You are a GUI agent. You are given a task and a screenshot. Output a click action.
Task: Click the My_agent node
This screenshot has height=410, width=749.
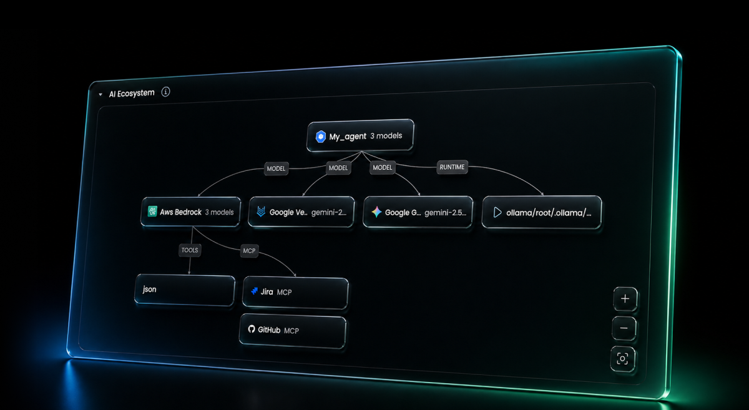pyautogui.click(x=360, y=136)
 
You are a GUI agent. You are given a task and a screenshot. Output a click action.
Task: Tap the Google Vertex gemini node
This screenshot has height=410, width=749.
pyautogui.click(x=302, y=212)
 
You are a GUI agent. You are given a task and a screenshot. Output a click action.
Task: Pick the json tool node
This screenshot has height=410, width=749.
pyautogui.click(x=185, y=290)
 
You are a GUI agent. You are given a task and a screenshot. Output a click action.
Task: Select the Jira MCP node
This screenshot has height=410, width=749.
pyautogui.click(x=295, y=292)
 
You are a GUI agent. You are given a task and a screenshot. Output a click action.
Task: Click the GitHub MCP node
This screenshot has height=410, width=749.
pyautogui.click(x=292, y=329)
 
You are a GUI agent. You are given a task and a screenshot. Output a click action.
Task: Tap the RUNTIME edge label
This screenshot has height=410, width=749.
pyautogui.click(x=451, y=167)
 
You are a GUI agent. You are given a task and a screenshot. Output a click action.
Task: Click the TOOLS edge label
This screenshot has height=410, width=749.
pyautogui.click(x=189, y=250)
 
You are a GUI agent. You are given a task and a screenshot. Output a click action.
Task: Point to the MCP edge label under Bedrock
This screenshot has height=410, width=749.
pyautogui.click(x=248, y=251)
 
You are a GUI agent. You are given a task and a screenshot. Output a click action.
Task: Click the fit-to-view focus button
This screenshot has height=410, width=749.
pyautogui.click(x=623, y=358)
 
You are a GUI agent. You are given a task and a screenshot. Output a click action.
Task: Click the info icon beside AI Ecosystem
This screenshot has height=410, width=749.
pyautogui.click(x=165, y=92)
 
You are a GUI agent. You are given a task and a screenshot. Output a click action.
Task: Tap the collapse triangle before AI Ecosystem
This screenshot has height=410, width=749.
pyautogui.click(x=100, y=94)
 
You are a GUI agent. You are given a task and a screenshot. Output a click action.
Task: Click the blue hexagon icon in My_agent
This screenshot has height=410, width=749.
pyautogui.click(x=321, y=136)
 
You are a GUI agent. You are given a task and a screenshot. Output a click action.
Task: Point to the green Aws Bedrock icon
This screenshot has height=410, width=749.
pyautogui.click(x=152, y=212)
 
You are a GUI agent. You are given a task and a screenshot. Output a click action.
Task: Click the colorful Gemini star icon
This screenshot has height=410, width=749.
pyautogui.click(x=376, y=212)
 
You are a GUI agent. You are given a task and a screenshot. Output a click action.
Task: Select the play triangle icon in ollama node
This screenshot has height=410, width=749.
pyautogui.click(x=497, y=212)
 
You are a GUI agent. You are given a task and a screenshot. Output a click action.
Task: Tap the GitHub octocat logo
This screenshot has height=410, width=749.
pyautogui.click(x=252, y=329)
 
